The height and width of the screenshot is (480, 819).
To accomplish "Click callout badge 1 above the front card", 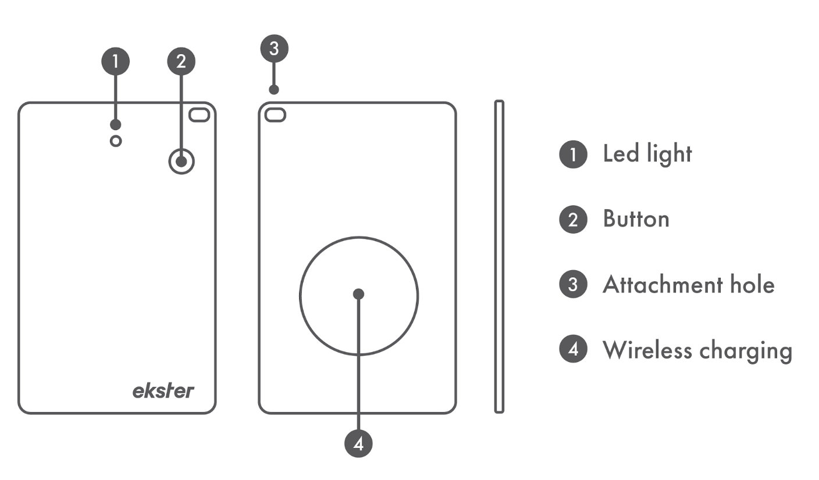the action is pyautogui.click(x=116, y=62).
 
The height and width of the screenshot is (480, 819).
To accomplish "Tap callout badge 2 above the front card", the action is pyautogui.click(x=181, y=62).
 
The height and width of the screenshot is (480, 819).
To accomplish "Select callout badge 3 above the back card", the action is pyautogui.click(x=274, y=49).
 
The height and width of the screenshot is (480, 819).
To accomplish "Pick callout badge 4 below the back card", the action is pyautogui.click(x=358, y=444).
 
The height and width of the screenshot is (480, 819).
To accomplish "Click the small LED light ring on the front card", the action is pyautogui.click(x=116, y=141).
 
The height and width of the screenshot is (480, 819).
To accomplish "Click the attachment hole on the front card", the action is pyautogui.click(x=200, y=115).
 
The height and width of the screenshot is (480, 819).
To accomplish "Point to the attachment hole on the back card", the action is pyautogui.click(x=275, y=115).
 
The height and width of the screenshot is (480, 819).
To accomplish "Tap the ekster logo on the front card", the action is pyautogui.click(x=163, y=391).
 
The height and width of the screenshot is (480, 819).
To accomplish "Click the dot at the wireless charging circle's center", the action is pyautogui.click(x=359, y=294).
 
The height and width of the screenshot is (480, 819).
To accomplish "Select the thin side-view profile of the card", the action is pyautogui.click(x=499, y=257).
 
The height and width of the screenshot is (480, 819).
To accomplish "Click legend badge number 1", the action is pyautogui.click(x=574, y=155).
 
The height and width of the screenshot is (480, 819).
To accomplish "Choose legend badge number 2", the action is pyautogui.click(x=574, y=220).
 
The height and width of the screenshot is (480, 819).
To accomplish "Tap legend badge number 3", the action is pyautogui.click(x=574, y=284).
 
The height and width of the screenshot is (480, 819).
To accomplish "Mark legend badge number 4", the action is pyautogui.click(x=574, y=349).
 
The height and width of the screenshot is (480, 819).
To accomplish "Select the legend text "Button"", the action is pyautogui.click(x=636, y=218).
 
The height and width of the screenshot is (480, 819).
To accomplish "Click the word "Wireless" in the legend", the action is pyautogui.click(x=647, y=350).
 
